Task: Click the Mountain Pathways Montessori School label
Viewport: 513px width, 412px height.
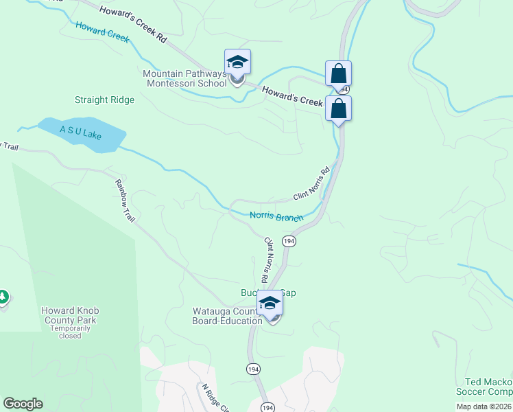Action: click(184, 79)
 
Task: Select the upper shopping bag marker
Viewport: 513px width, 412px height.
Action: click(338, 73)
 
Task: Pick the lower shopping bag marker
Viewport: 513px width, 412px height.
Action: click(338, 108)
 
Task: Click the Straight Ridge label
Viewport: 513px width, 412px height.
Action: click(104, 100)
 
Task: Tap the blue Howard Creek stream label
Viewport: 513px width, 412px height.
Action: click(102, 32)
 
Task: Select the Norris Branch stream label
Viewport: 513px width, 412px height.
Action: click(276, 217)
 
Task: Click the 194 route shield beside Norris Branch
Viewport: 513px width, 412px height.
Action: click(289, 242)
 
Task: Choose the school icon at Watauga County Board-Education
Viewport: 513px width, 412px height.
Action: click(270, 304)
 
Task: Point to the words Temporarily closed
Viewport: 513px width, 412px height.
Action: click(70, 332)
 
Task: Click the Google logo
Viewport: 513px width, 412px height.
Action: click(23, 404)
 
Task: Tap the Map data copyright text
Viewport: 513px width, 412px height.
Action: click(484, 407)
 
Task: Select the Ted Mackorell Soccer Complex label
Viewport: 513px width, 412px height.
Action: click(487, 387)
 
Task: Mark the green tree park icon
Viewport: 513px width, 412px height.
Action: click(3, 297)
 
